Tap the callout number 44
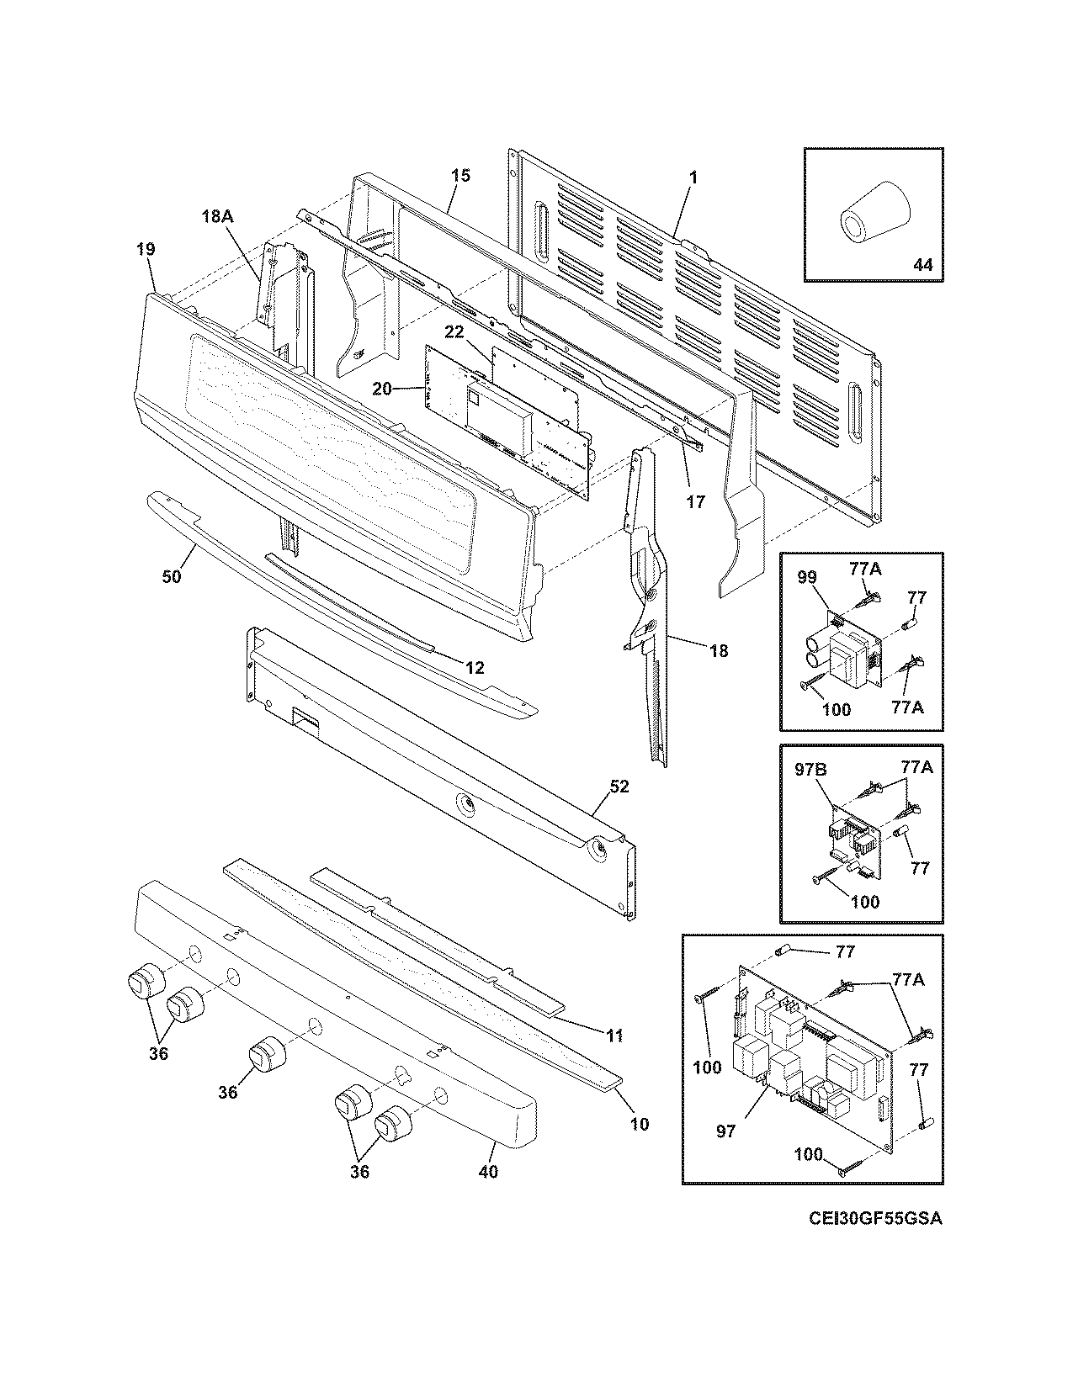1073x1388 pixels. pos(922,264)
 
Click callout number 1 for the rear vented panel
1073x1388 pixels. pos(693,178)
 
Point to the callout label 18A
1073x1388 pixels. pos(216,216)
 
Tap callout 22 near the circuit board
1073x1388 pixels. pos(454,333)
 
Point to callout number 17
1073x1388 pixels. pos(695,501)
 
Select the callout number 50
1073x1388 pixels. pos(171,576)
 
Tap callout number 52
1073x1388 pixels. pos(619,787)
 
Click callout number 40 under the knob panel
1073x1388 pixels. pos(487,1170)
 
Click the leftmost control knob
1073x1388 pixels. pos(145,982)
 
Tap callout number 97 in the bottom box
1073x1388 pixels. pos(725,1131)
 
